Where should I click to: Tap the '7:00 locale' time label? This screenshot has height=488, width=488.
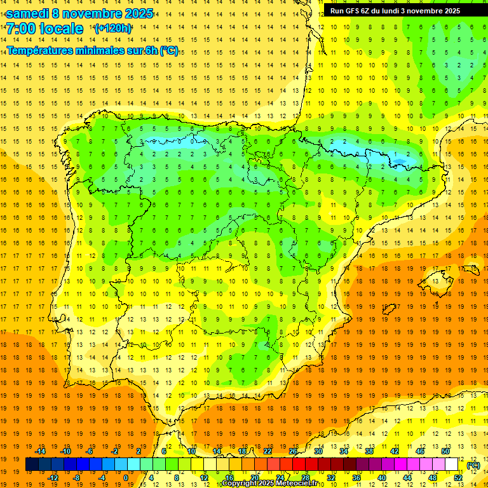click(44, 29)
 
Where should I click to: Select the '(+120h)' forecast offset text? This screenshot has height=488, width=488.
click(112, 29)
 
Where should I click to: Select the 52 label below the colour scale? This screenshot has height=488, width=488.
click(458, 478)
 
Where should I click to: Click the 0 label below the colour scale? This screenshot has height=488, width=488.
click(126, 478)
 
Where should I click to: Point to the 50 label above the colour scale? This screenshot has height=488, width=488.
click(445, 451)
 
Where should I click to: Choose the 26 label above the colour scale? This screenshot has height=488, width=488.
click(293, 451)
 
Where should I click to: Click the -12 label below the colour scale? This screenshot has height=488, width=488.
click(53, 478)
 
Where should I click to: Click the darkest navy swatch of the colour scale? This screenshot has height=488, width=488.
click(32, 464)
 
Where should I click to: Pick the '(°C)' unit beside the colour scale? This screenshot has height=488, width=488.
click(473, 465)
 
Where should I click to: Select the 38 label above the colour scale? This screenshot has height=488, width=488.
click(369, 451)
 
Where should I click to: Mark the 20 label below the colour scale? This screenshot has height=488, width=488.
click(254, 478)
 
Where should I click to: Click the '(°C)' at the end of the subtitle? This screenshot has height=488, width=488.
click(169, 51)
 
